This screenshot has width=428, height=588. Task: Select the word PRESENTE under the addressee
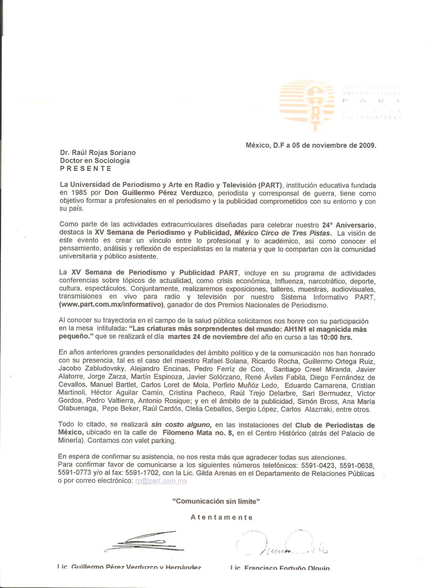pos(86,169)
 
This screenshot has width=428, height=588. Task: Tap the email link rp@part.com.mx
pos(161,481)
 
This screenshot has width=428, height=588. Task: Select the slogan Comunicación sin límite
pos(216,501)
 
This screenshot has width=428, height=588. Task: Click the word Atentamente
pos(221,518)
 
